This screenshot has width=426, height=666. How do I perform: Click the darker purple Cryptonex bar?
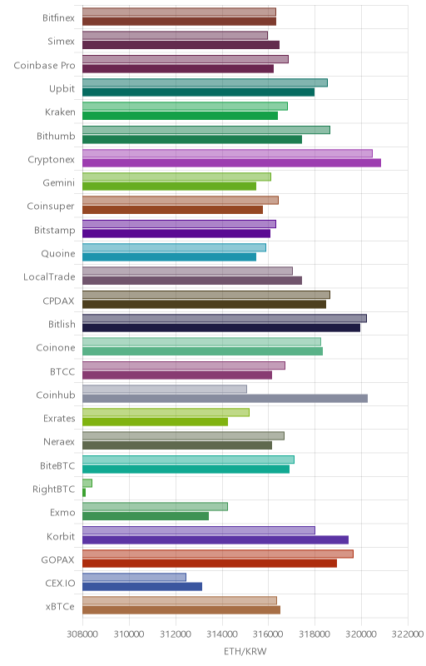coord(231,162)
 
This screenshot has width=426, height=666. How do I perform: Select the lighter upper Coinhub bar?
coord(165,389)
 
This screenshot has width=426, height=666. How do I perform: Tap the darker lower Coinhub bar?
coord(225,399)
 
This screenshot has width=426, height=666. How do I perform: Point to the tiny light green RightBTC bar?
coord(87,483)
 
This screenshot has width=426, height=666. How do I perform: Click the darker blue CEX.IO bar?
coord(142,587)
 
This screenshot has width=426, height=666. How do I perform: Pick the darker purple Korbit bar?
coord(215,539)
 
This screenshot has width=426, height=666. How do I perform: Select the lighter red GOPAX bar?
coord(218,554)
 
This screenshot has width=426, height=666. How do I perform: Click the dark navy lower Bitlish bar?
coord(221,327)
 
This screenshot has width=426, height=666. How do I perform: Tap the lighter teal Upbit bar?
coord(205,82)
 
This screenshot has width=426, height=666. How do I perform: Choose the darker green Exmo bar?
coord(146,516)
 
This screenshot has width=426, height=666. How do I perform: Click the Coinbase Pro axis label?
coord(45,66)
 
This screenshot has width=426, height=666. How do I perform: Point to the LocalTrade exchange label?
coord(49,277)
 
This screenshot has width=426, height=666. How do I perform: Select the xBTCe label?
coord(60,607)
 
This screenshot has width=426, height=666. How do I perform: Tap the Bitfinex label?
coord(58,17)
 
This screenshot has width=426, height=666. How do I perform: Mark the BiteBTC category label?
coord(57,465)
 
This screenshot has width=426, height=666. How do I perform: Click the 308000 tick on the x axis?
coord(82,634)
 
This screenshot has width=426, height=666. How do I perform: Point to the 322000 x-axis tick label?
coord(408,634)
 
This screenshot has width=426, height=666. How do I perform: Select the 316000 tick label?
coord(268,634)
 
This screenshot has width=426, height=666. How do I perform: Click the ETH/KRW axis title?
coord(245,652)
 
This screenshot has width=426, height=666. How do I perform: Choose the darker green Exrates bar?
coord(156,422)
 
